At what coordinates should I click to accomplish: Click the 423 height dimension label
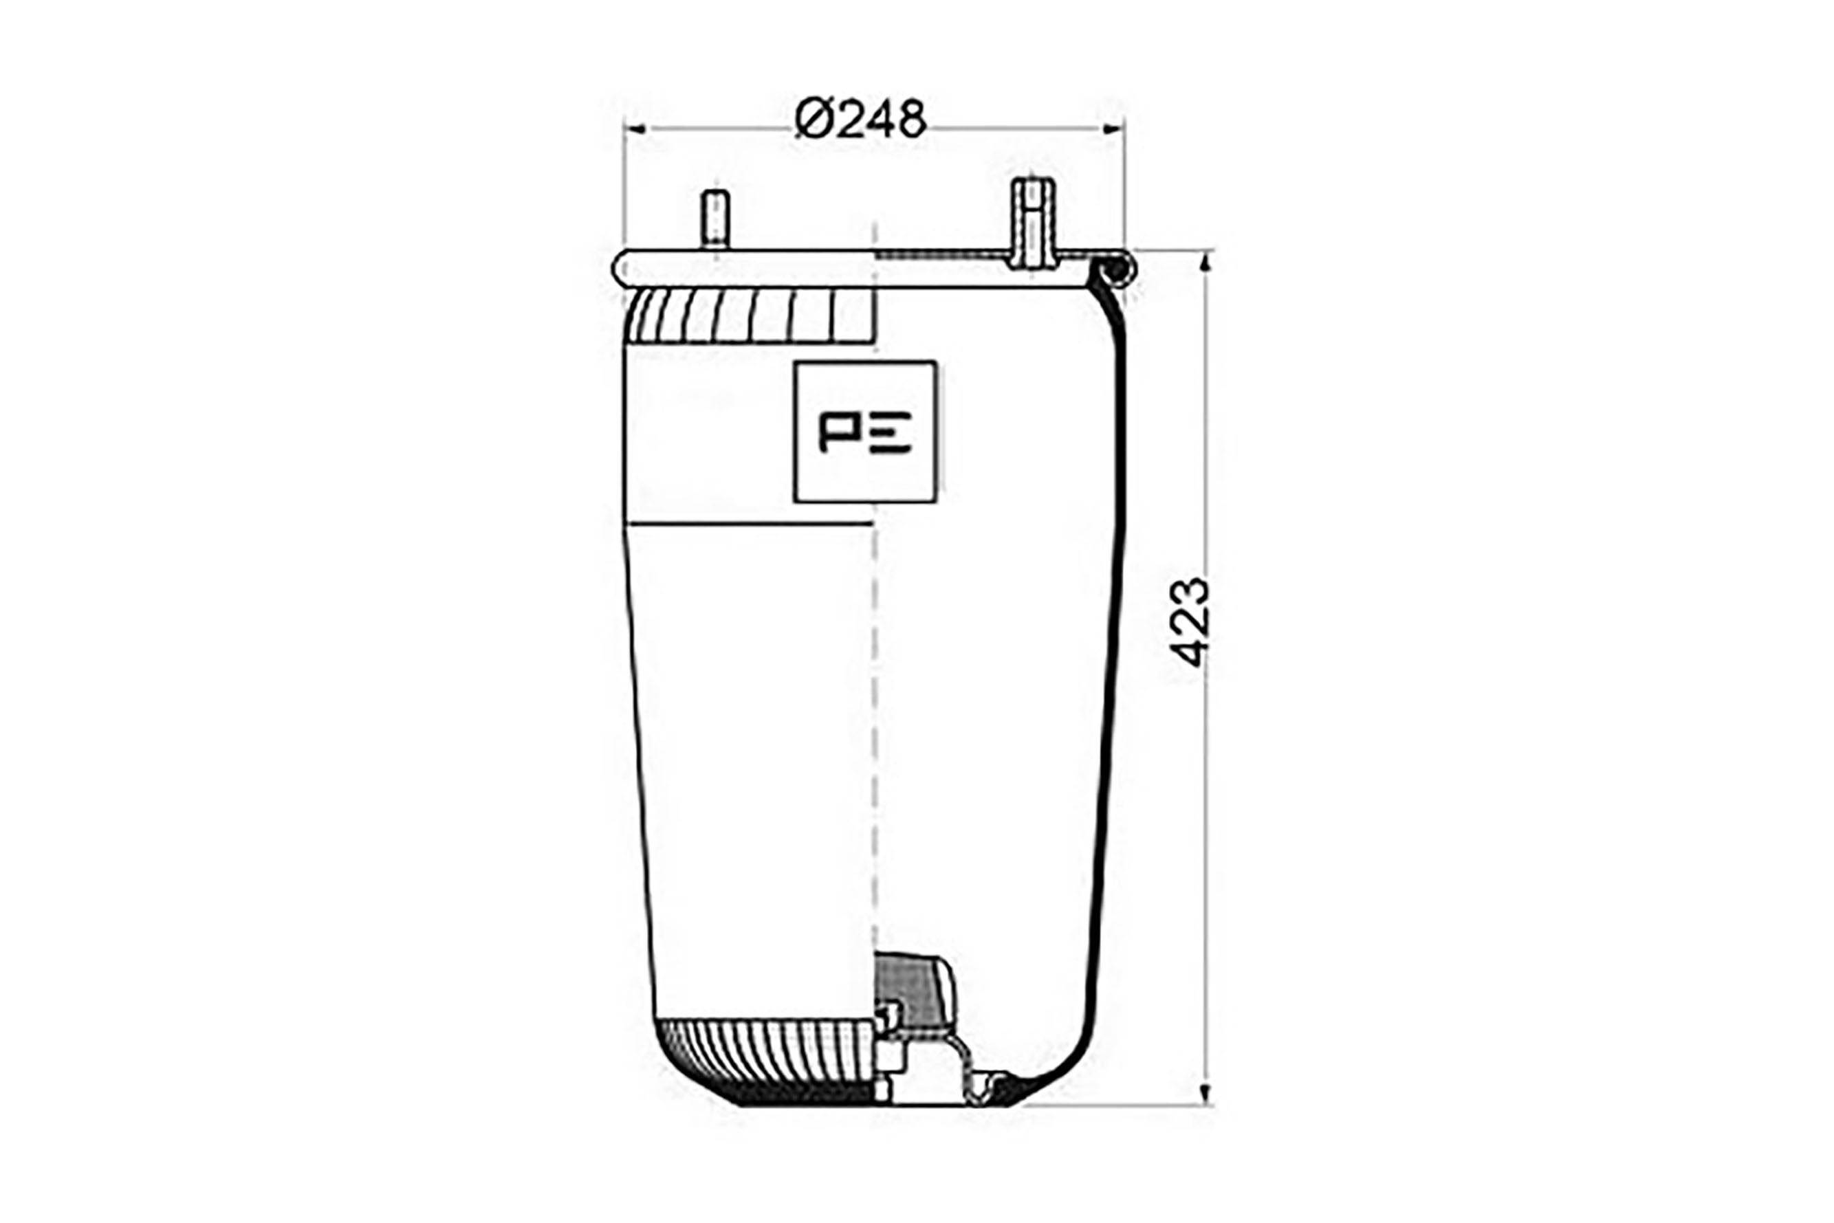[x=1191, y=622]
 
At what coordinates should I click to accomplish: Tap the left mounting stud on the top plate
[x=715, y=219]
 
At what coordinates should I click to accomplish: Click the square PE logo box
[x=865, y=431]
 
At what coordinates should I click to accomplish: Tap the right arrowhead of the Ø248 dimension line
[x=1113, y=129]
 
